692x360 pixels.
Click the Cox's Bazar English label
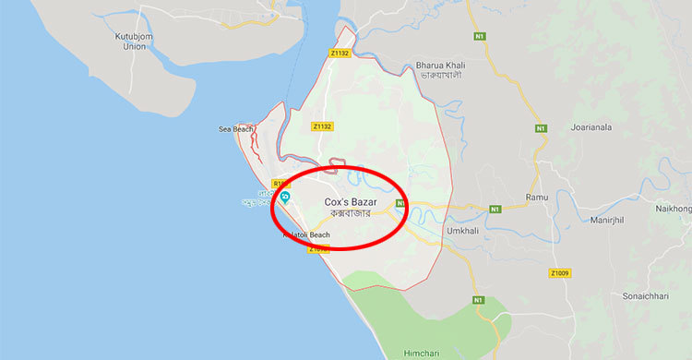351,201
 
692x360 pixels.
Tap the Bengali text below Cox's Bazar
351,214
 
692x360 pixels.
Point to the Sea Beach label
235,129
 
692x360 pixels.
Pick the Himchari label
423,353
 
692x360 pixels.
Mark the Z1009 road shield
559,273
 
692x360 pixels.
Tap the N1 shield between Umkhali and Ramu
495,209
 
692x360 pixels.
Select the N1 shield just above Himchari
478,301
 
